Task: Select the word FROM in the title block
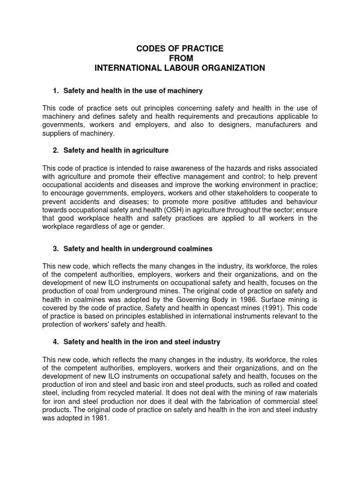coord(180,58)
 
